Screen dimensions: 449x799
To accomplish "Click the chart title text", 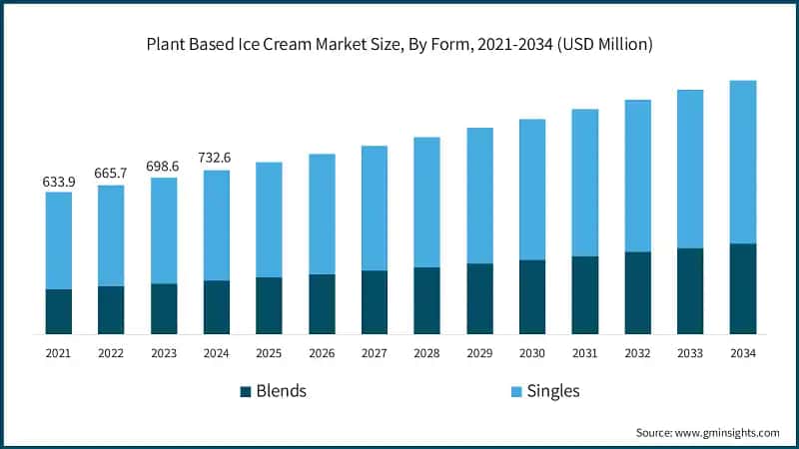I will coord(399,43).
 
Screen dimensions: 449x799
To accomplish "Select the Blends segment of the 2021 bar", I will coord(59,311).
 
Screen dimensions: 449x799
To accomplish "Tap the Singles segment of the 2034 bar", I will coord(742,162).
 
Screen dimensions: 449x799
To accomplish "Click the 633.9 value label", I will coord(59,182).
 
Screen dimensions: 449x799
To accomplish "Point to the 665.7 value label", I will coord(112,174).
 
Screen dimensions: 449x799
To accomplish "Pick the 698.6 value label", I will coord(164,167).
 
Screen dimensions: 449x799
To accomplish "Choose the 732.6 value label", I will coord(217,159).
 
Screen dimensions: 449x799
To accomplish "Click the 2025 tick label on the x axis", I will coord(270,353).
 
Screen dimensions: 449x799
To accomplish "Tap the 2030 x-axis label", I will coord(532,353).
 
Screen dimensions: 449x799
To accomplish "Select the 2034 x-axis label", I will coord(742,353).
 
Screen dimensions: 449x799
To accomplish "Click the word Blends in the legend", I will coord(282,391).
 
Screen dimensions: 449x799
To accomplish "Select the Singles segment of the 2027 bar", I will coord(375,208).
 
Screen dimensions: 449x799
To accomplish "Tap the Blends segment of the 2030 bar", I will coord(532,296).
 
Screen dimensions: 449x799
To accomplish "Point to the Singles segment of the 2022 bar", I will coord(112,235).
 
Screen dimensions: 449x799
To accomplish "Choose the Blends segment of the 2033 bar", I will coord(690,290).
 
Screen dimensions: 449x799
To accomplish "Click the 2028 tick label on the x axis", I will coord(427,353).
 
